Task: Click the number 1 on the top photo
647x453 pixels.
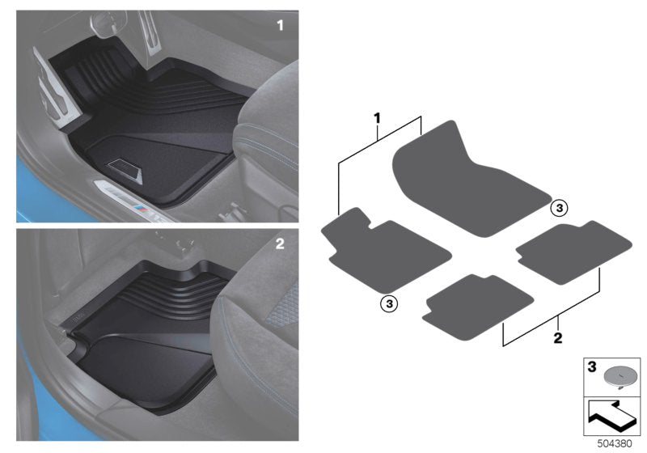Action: click(x=281, y=26)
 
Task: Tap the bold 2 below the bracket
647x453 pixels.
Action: click(x=558, y=334)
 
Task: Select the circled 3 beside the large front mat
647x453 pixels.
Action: click(x=559, y=208)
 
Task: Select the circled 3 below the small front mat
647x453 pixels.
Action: click(x=389, y=303)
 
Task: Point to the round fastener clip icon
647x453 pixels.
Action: click(x=620, y=374)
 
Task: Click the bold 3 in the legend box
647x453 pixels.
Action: click(x=591, y=368)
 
